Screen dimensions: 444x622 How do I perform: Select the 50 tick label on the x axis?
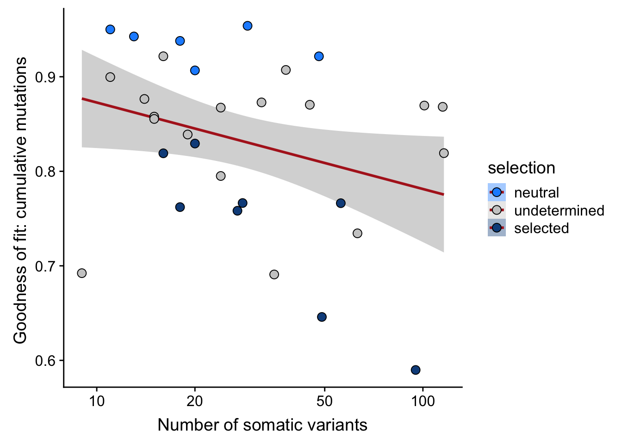(x=324, y=401)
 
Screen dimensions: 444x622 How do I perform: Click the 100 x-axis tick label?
(x=423, y=401)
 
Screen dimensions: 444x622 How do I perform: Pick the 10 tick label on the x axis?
(x=97, y=401)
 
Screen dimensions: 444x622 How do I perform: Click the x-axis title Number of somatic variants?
(x=262, y=425)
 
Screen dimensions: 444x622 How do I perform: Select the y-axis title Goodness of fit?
(x=20, y=201)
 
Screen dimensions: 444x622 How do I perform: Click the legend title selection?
(x=521, y=168)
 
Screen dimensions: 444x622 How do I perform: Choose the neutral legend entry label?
(x=536, y=192)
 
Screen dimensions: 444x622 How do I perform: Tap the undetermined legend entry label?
(x=559, y=210)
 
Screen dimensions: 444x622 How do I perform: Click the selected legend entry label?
(x=541, y=228)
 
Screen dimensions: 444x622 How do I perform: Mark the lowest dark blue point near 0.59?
(x=416, y=370)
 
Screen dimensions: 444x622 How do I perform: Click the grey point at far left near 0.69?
(x=82, y=273)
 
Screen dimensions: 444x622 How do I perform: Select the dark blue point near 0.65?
(x=322, y=317)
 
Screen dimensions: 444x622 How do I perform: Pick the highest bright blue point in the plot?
(x=248, y=26)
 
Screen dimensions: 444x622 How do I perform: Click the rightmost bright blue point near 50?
(x=319, y=56)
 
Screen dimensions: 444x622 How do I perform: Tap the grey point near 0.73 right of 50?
(x=357, y=234)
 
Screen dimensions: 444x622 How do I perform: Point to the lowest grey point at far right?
(x=444, y=153)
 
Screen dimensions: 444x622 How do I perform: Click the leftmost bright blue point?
(x=110, y=30)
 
